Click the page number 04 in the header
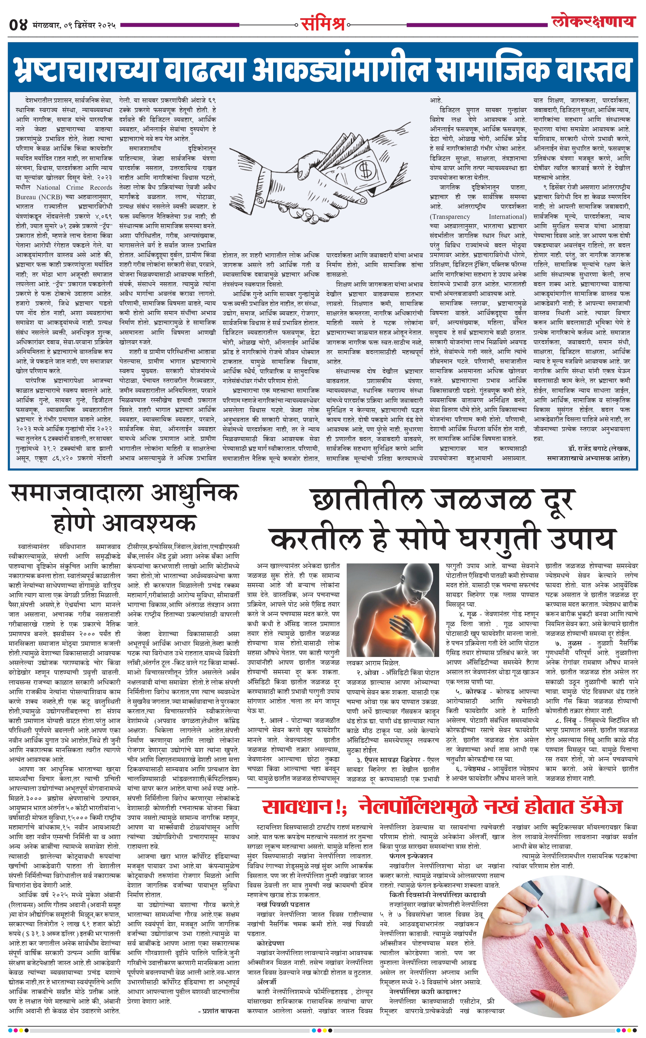18,25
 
